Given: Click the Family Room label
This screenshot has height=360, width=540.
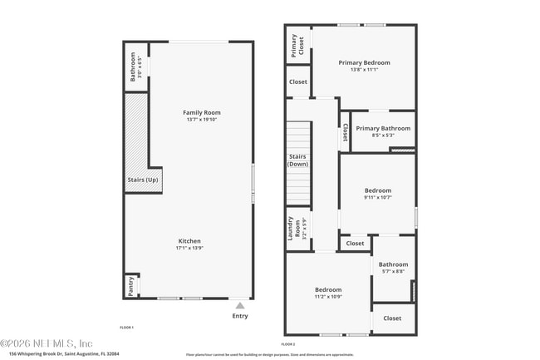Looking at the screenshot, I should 202,112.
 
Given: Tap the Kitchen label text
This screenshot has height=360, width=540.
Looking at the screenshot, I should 189,241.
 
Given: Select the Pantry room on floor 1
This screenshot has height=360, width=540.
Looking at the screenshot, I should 131,286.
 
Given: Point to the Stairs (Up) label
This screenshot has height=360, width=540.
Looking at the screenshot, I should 142,180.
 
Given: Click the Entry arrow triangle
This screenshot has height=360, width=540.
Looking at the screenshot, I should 240,306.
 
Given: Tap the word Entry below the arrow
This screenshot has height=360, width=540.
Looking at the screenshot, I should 240,316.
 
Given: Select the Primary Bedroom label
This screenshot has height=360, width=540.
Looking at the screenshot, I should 364,62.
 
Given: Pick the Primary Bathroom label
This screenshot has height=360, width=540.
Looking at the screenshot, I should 383,128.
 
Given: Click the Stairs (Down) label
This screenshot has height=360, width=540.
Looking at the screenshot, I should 297,160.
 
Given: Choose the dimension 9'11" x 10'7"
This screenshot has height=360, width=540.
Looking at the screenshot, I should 377,197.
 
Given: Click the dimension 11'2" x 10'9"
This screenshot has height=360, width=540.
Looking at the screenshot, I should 328,297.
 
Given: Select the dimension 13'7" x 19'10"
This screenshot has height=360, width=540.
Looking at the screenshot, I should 202,120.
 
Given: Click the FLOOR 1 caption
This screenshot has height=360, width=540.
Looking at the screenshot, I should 127,328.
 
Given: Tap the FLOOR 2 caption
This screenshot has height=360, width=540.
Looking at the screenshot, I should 288,343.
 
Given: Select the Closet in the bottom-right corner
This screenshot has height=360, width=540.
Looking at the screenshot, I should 392,318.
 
